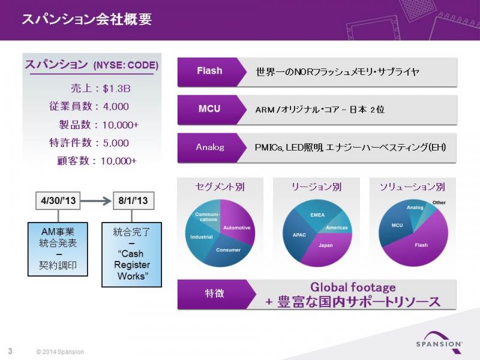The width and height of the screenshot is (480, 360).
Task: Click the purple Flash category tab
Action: (x=210, y=71)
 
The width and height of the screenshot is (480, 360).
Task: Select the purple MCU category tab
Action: (x=210, y=109)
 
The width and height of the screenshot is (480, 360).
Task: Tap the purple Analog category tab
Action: (x=210, y=147)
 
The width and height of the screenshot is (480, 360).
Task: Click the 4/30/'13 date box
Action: (x=58, y=200)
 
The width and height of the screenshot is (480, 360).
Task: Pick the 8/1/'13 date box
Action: (x=133, y=200)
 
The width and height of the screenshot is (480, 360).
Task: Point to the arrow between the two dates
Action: (x=96, y=201)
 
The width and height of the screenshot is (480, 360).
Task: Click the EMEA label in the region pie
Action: (x=317, y=215)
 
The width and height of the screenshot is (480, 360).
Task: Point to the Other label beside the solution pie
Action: (x=439, y=202)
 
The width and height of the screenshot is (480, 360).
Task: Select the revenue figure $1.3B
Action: (x=116, y=89)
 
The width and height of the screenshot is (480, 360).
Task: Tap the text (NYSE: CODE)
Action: (x=126, y=65)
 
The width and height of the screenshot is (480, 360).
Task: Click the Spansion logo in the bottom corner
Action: (x=439, y=340)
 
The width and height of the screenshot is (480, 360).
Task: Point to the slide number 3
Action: (x=10, y=351)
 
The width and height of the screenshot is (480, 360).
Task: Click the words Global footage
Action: (x=353, y=287)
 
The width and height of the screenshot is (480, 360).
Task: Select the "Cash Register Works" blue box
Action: (x=131, y=254)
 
